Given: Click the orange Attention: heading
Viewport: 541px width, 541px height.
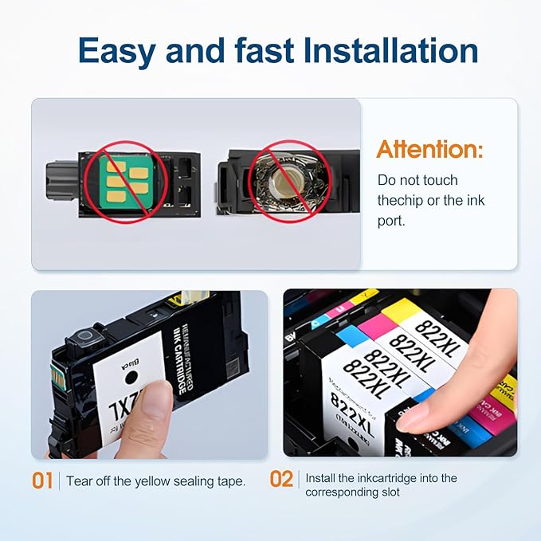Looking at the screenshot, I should tap(429, 149).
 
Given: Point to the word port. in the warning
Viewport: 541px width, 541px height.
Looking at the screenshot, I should tap(391, 221).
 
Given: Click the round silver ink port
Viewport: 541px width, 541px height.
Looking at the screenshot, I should tap(279, 181).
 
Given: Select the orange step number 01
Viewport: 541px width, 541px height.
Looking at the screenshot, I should tap(42, 480).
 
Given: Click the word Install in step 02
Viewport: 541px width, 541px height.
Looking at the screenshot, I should tap(323, 479).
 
